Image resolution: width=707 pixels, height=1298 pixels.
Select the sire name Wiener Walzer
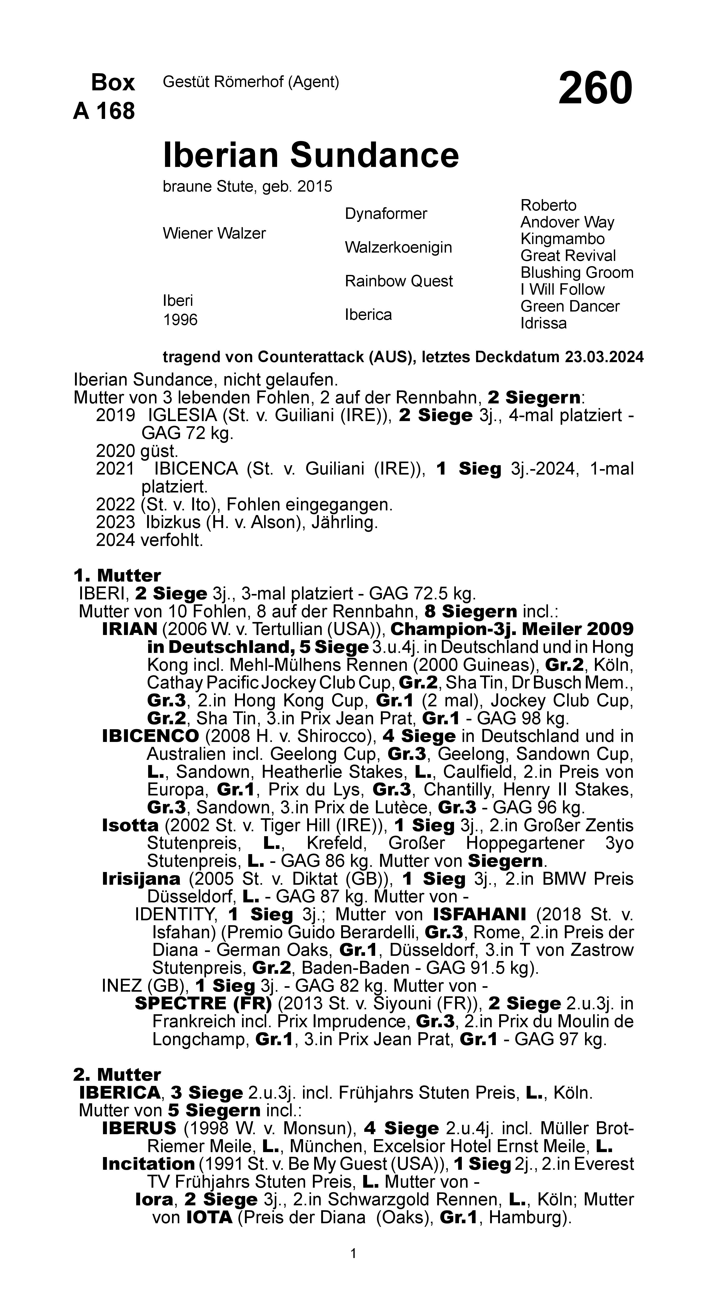pos(214,233)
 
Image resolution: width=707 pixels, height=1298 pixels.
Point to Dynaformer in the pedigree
pos(386,214)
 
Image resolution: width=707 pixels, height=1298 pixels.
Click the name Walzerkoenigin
pos(398,247)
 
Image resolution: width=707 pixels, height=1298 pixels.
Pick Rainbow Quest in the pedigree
pos(399,281)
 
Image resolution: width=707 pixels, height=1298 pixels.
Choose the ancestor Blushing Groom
pos(576,273)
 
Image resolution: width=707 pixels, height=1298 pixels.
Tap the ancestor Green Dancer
pos(569,306)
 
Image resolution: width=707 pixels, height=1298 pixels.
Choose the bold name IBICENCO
pos(150,736)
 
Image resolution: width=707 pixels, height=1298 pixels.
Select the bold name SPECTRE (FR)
pos(203,1003)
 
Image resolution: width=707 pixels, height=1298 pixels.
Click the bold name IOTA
pos(209,1217)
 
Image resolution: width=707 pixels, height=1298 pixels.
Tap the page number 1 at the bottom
pos(353,1253)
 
